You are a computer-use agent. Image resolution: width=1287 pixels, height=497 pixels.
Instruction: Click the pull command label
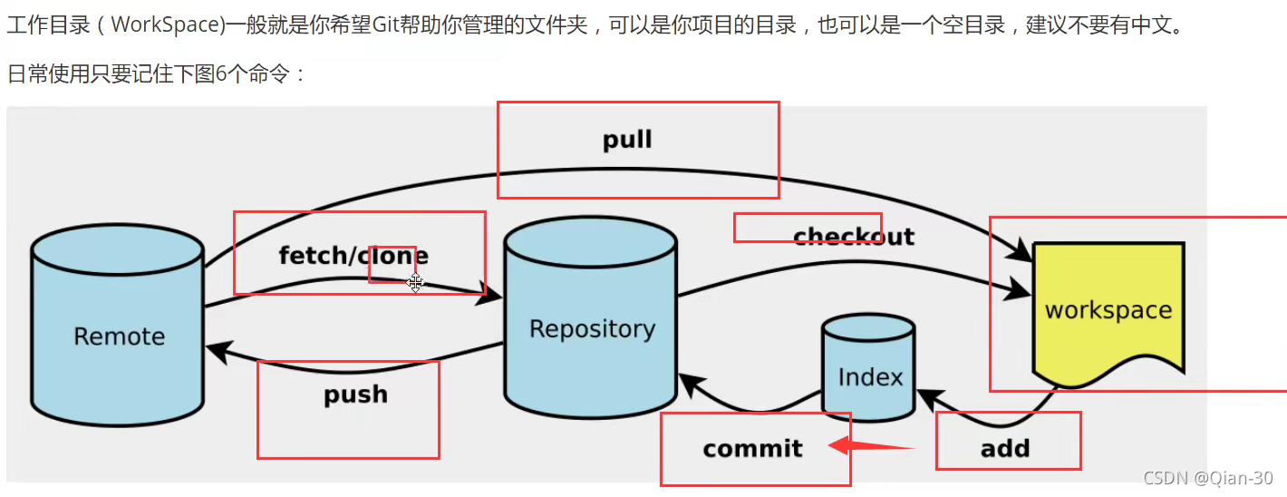pyautogui.click(x=627, y=140)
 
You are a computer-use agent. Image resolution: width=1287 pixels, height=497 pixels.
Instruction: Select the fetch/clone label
pyautogui.click(x=353, y=256)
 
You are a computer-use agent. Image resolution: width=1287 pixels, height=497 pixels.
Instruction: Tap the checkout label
pyautogui.click(x=853, y=237)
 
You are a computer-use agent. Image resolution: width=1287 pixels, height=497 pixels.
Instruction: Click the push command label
pyautogui.click(x=355, y=395)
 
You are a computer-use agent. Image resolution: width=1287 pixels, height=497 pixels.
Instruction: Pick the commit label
pyautogui.click(x=752, y=448)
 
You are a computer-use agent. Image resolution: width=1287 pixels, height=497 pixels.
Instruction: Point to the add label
pyautogui.click(x=1005, y=448)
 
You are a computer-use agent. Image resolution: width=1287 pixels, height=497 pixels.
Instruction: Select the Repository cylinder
pyautogui.click(x=591, y=327)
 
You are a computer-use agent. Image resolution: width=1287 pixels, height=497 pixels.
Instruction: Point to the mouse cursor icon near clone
pyautogui.click(x=415, y=283)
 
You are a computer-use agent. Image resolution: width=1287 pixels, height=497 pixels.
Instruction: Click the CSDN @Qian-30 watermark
pyautogui.click(x=1207, y=478)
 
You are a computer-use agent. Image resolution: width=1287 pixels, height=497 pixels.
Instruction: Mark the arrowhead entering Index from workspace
pyautogui.click(x=928, y=397)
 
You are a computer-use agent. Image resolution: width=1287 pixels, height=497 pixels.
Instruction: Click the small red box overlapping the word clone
pyautogui.click(x=392, y=264)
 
